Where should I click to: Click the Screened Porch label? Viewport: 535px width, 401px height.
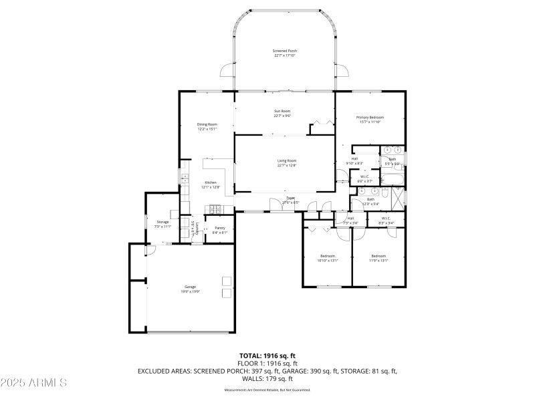point(285,53)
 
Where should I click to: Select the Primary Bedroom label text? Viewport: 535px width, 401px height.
point(370,120)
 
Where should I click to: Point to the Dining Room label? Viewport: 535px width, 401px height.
point(207,126)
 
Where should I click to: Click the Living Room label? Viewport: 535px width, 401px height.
point(287,163)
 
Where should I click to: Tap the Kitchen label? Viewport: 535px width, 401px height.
point(211,185)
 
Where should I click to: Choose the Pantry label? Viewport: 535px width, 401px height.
point(220,230)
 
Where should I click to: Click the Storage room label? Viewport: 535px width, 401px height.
point(163,224)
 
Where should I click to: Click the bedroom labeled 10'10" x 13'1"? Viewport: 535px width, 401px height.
point(328,258)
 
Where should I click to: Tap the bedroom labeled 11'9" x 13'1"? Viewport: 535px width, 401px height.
point(379,258)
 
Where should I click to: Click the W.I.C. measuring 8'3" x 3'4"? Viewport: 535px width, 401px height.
point(387,220)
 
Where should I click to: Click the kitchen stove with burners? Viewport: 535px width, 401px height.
point(216,211)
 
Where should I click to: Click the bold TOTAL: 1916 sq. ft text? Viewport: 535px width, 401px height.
point(267,356)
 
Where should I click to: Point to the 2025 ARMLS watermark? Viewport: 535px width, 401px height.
point(33,382)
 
